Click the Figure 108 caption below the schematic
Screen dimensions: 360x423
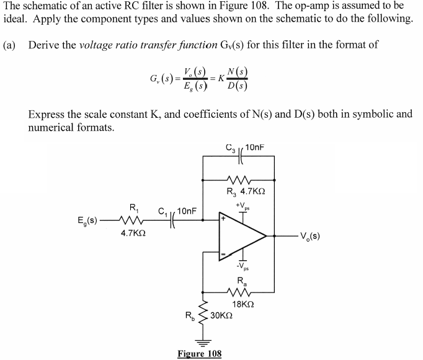point(199,354)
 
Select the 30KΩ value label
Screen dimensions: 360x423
point(221,315)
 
